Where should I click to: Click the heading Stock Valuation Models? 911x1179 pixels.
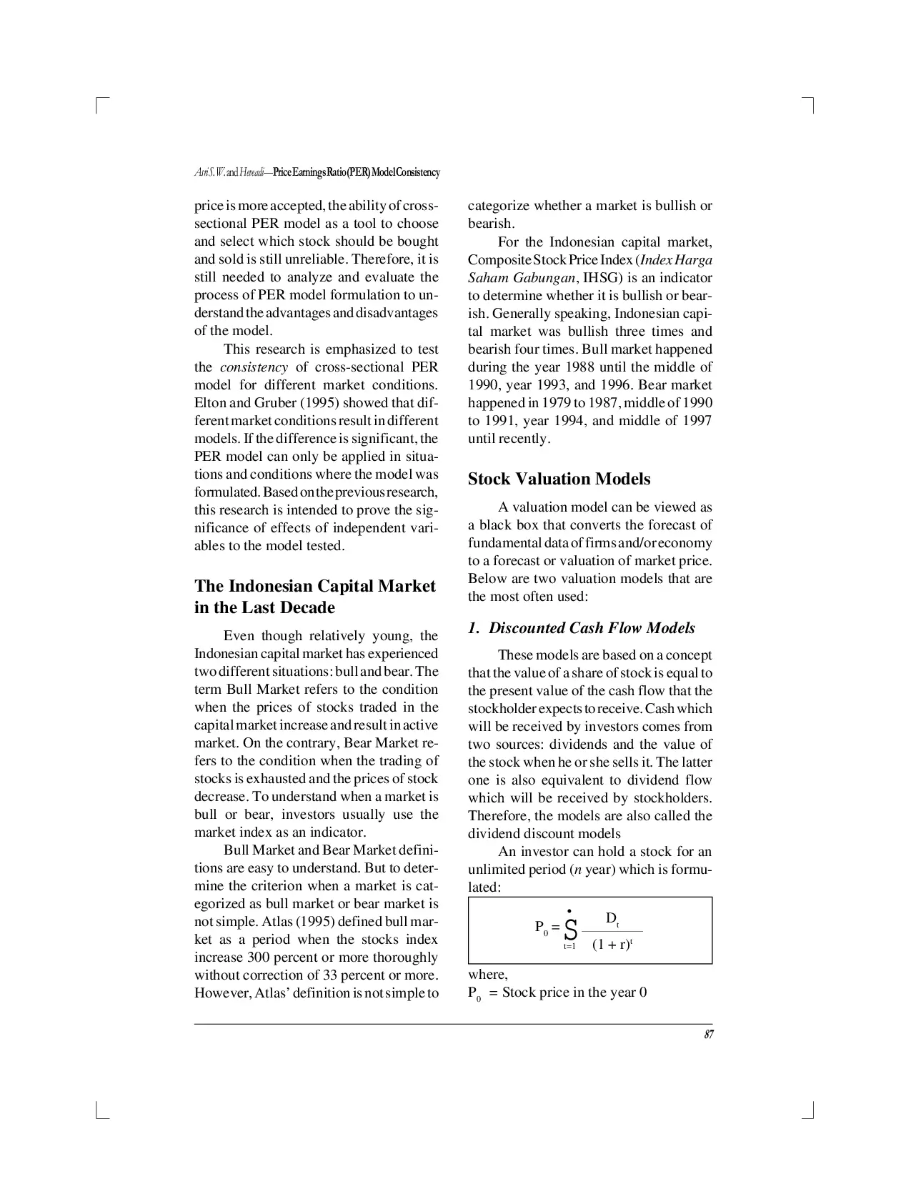(x=559, y=479)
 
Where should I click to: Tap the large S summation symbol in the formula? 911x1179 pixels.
(x=570, y=930)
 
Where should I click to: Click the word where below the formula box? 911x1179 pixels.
(x=487, y=975)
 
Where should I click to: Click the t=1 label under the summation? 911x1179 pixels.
(x=569, y=946)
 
